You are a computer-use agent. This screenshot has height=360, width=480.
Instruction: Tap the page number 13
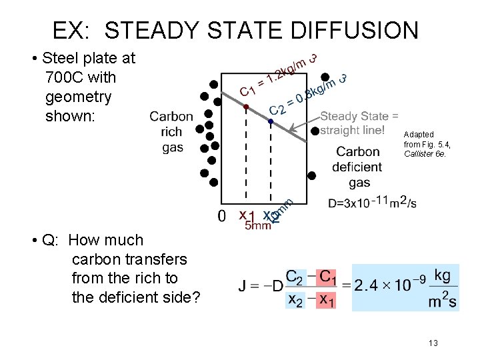pyautogui.click(x=433, y=343)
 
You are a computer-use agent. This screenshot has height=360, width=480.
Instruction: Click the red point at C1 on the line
pyautogui.click(x=246, y=107)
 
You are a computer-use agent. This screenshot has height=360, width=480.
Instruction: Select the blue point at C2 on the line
pyautogui.click(x=271, y=122)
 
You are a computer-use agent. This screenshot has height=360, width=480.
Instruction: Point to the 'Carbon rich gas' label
pyautogui.click(x=171, y=132)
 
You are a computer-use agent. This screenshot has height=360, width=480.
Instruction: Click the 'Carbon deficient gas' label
pyautogui.click(x=359, y=167)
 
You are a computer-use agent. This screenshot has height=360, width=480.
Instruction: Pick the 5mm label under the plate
pyautogui.click(x=257, y=226)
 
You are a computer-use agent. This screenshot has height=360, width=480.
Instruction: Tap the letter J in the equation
pyautogui.click(x=243, y=287)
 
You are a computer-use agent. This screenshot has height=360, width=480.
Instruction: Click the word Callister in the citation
pyautogui.click(x=420, y=154)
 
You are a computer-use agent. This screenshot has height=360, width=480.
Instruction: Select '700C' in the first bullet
pyautogui.click(x=61, y=77)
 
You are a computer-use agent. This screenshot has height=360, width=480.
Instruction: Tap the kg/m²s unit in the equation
pyautogui.click(x=441, y=287)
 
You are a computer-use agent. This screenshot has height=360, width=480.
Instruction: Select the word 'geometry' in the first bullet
pyautogui.click(x=78, y=97)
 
